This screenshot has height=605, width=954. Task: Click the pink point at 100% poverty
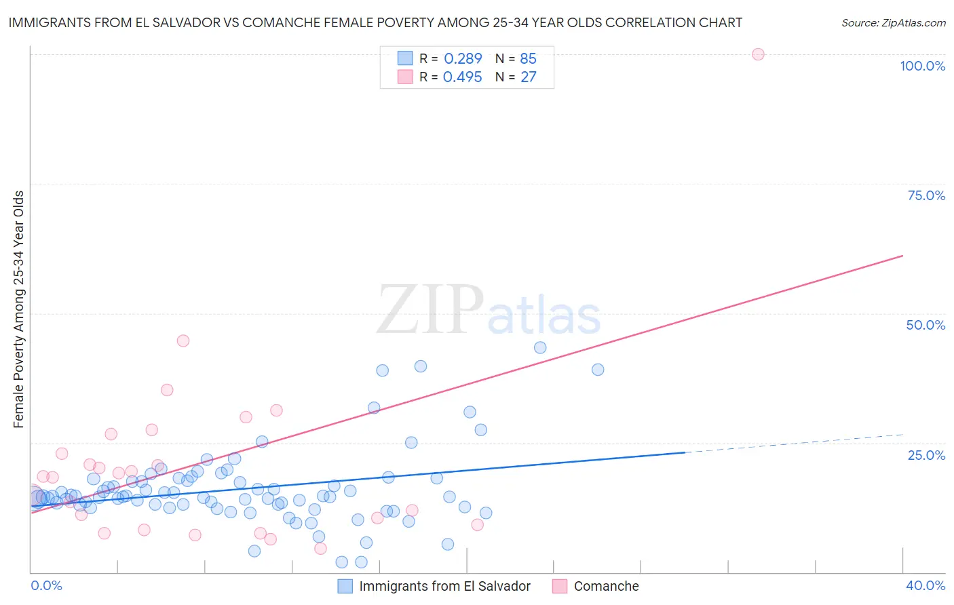[x=758, y=54]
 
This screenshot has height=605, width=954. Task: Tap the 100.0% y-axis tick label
[x=922, y=66]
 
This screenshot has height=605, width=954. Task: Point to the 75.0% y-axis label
[x=926, y=195]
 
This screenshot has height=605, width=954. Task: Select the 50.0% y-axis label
[x=926, y=325]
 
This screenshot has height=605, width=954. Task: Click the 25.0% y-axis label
[x=926, y=455]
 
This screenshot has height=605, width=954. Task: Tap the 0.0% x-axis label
[x=46, y=585]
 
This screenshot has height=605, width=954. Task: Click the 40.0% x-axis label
[x=926, y=585]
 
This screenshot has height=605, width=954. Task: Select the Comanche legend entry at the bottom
[x=606, y=586]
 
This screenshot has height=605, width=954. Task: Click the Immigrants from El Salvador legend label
[x=444, y=586]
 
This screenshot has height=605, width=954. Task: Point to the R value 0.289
[x=463, y=59]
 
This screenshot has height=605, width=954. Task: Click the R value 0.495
[x=463, y=77]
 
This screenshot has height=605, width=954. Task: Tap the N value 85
[x=528, y=59]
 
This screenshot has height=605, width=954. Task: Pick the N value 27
[x=528, y=77]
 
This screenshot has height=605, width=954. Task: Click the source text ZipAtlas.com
[x=893, y=23]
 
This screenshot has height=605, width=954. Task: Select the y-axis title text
[x=19, y=309]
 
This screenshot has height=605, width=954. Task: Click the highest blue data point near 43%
[x=540, y=347]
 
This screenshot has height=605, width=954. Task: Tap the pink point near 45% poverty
[x=183, y=340]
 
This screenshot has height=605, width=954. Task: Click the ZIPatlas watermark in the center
[x=489, y=311]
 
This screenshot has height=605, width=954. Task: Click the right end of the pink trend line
[x=902, y=256]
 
